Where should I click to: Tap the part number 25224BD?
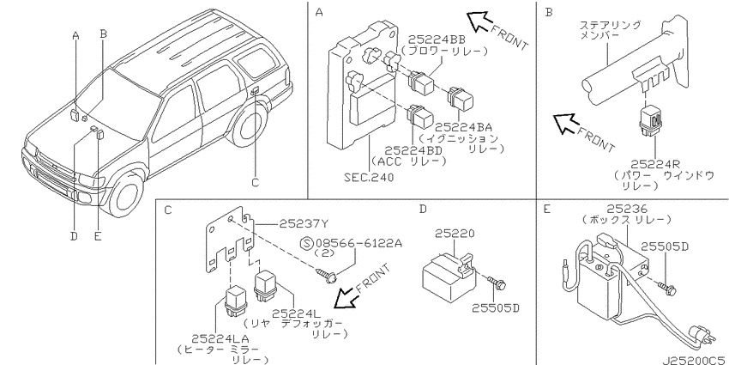pos(413,150)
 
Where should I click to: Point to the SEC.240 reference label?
pos(369,177)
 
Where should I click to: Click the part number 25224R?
pos(655,164)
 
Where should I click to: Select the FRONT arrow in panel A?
pos(479,21)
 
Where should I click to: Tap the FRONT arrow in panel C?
pos(346,297)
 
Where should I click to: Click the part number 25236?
pos(627,209)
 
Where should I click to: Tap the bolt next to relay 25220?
pos(496,283)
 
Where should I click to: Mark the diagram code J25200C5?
pos(695,361)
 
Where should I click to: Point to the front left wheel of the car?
pos(124,196)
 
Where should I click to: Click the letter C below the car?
pos(255,182)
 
